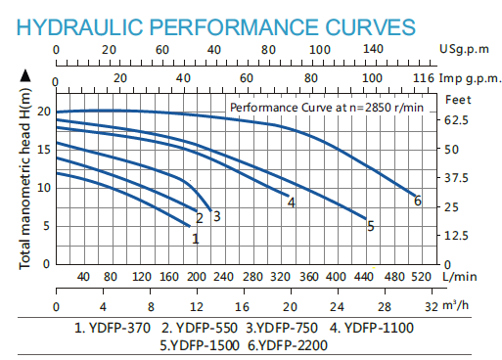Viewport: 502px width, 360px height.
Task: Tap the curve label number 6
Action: pos(418,202)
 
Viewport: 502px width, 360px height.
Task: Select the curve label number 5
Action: pos(371,226)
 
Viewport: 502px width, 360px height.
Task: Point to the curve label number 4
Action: pos(291,202)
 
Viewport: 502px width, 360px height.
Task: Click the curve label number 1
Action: pos(196,238)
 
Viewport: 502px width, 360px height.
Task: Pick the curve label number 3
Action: pos(216,216)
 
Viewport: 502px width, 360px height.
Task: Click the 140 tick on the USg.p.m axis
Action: pos(372,47)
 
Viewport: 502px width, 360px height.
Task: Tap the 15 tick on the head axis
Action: pos(42,149)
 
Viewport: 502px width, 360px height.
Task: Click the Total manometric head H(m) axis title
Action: pos(25,173)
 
